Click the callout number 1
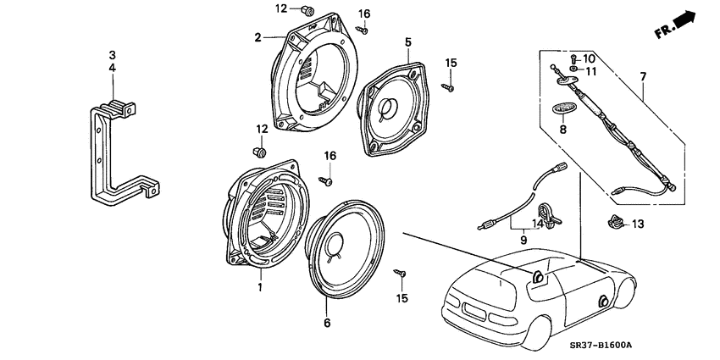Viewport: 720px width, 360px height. [x=260, y=287]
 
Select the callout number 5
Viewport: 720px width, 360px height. [x=407, y=41]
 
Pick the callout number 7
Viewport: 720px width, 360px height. [x=642, y=77]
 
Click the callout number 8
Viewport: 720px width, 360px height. [x=561, y=130]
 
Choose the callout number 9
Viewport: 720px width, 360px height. [x=523, y=240]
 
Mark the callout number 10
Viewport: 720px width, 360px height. [x=590, y=58]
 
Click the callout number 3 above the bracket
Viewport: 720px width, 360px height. [x=112, y=55]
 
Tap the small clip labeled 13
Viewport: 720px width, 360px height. [x=616, y=224]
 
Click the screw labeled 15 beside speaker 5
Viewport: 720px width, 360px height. [x=450, y=86]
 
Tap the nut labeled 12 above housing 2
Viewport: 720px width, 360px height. [x=308, y=11]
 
